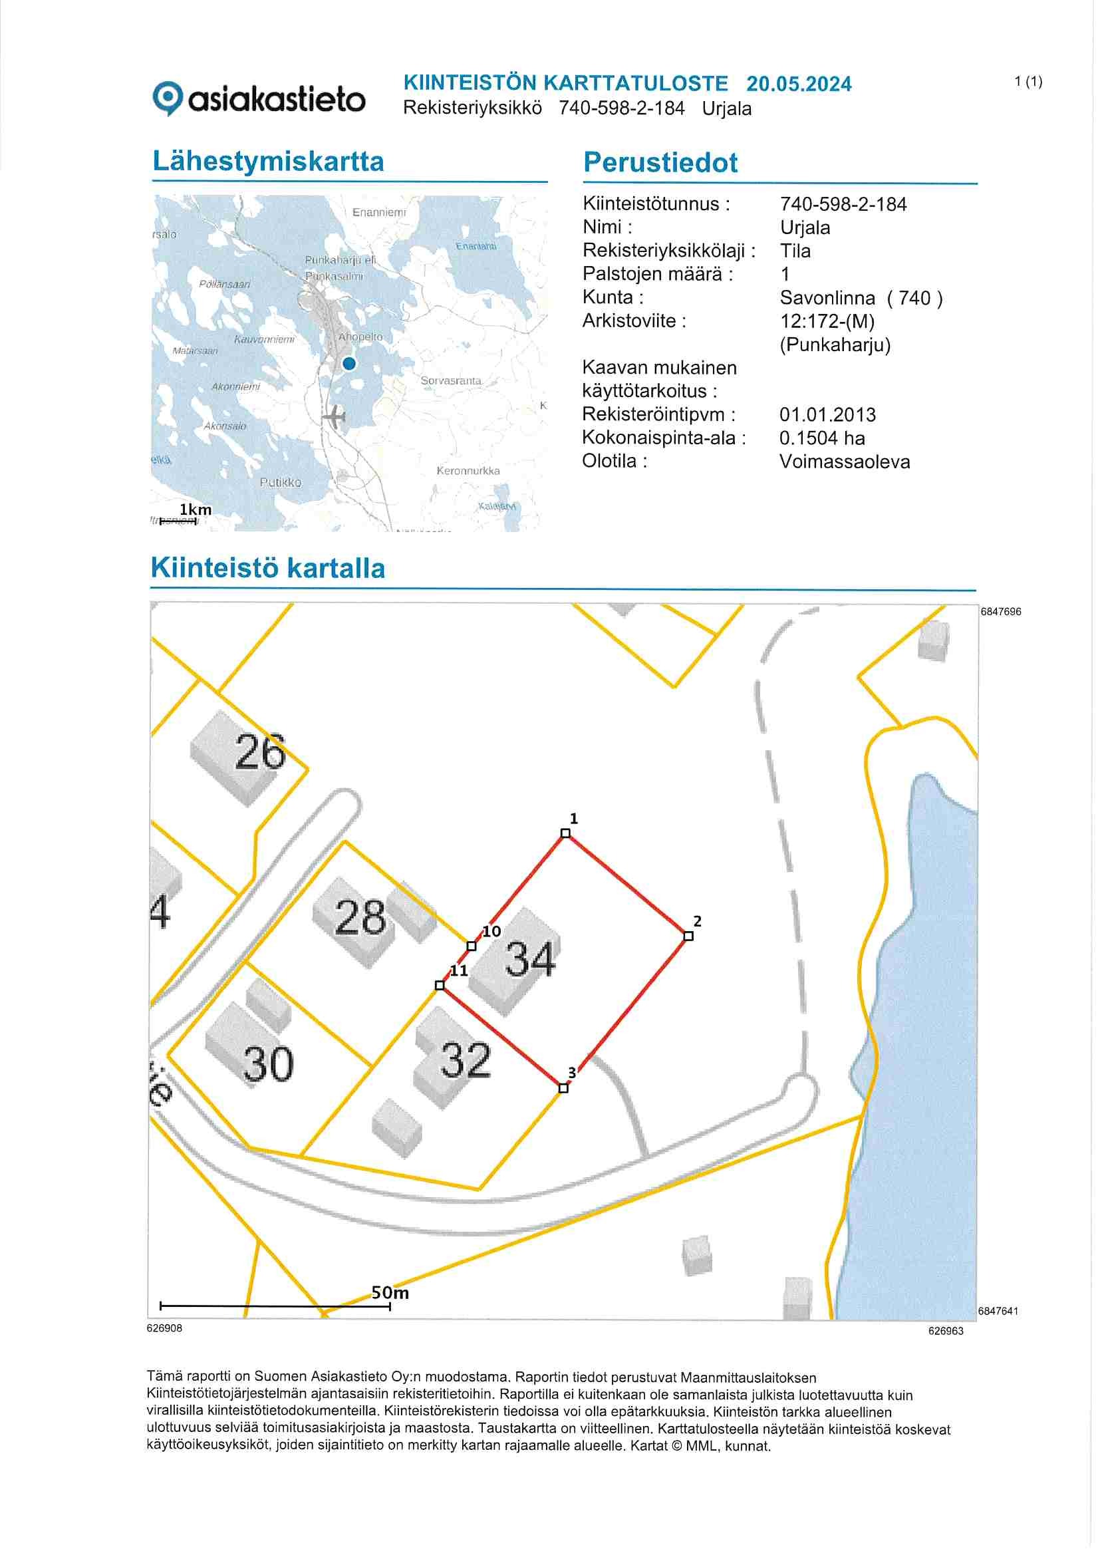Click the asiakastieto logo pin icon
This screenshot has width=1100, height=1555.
click(x=167, y=98)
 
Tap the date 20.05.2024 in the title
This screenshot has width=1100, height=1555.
click(x=799, y=84)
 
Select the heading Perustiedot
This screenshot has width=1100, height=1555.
click(x=660, y=163)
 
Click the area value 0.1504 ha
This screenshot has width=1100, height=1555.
click(x=821, y=438)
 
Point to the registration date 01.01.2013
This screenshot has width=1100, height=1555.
click(x=827, y=414)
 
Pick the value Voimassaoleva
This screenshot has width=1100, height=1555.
click(x=844, y=462)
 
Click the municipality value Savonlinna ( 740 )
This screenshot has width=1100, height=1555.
click(x=860, y=298)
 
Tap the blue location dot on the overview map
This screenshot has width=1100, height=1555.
click(x=349, y=364)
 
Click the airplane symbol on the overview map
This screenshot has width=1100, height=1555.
click(x=335, y=416)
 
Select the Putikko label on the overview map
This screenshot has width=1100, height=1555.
click(x=281, y=482)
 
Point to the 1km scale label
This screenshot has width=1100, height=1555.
click(x=195, y=509)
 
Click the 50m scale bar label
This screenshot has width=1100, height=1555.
click(x=390, y=1292)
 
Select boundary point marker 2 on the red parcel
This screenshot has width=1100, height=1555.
click(x=688, y=936)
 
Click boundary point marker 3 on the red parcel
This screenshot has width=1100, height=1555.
click(x=563, y=1087)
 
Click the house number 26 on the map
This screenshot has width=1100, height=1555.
click(x=260, y=752)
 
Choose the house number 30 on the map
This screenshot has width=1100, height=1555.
click(x=268, y=1063)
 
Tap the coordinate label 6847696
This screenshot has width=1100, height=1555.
click(x=1000, y=612)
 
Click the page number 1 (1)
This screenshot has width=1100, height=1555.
click(x=1028, y=82)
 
